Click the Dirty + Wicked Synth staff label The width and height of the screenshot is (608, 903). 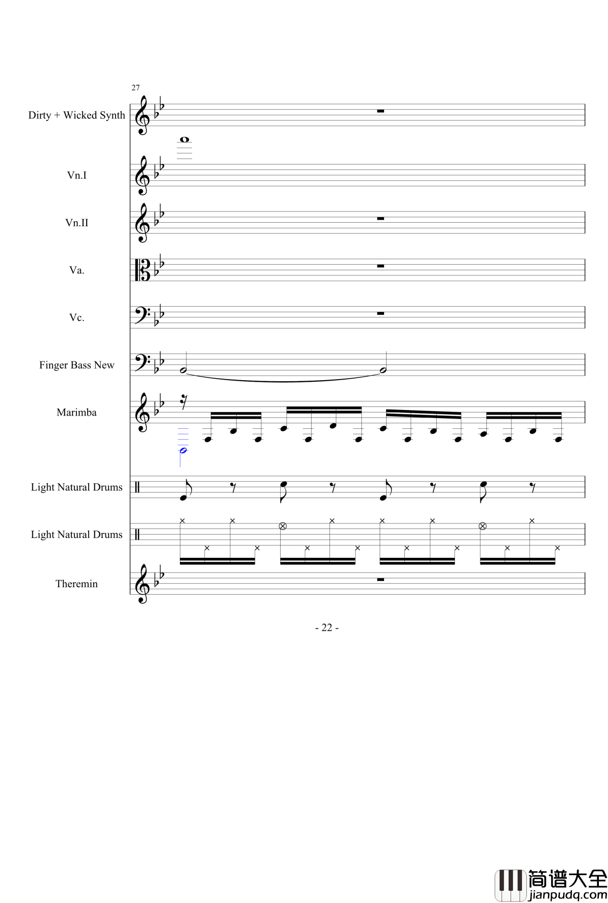point(77,115)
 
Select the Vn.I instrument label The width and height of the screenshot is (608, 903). point(77,176)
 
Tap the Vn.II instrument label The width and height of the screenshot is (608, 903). point(77,223)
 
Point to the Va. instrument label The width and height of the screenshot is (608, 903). point(77,270)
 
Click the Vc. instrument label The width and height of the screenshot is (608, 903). point(77,318)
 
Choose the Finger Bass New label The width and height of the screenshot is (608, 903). point(77,365)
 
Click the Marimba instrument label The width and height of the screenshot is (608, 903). point(77,413)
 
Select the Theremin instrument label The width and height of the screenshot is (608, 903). point(77,584)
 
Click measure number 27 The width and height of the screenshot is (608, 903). point(135,88)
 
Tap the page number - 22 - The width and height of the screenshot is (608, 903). point(327,628)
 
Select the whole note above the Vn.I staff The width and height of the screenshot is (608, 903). point(184,140)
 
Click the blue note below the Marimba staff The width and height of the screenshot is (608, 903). point(183,450)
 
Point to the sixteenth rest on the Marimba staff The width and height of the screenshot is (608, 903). point(183,403)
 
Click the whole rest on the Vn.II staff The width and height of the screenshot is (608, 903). point(381,218)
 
